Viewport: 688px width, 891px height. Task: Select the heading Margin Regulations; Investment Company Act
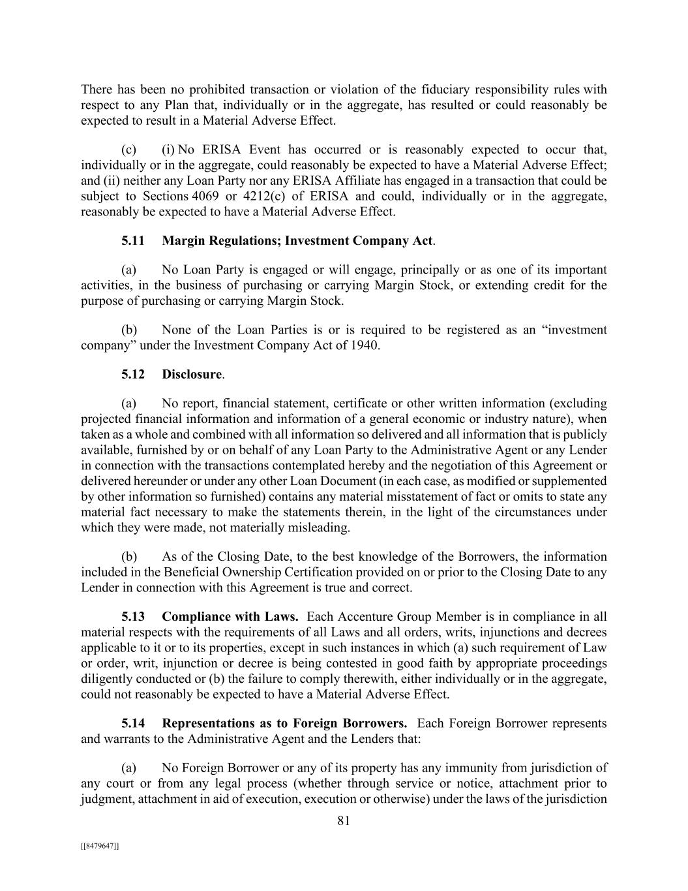[x=297, y=241]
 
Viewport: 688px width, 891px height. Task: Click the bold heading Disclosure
[x=192, y=374]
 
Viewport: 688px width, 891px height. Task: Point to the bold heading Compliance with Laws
[x=230, y=617]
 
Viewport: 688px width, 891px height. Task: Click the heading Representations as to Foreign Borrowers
[x=284, y=724]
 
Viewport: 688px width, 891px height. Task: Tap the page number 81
[x=344, y=821]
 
